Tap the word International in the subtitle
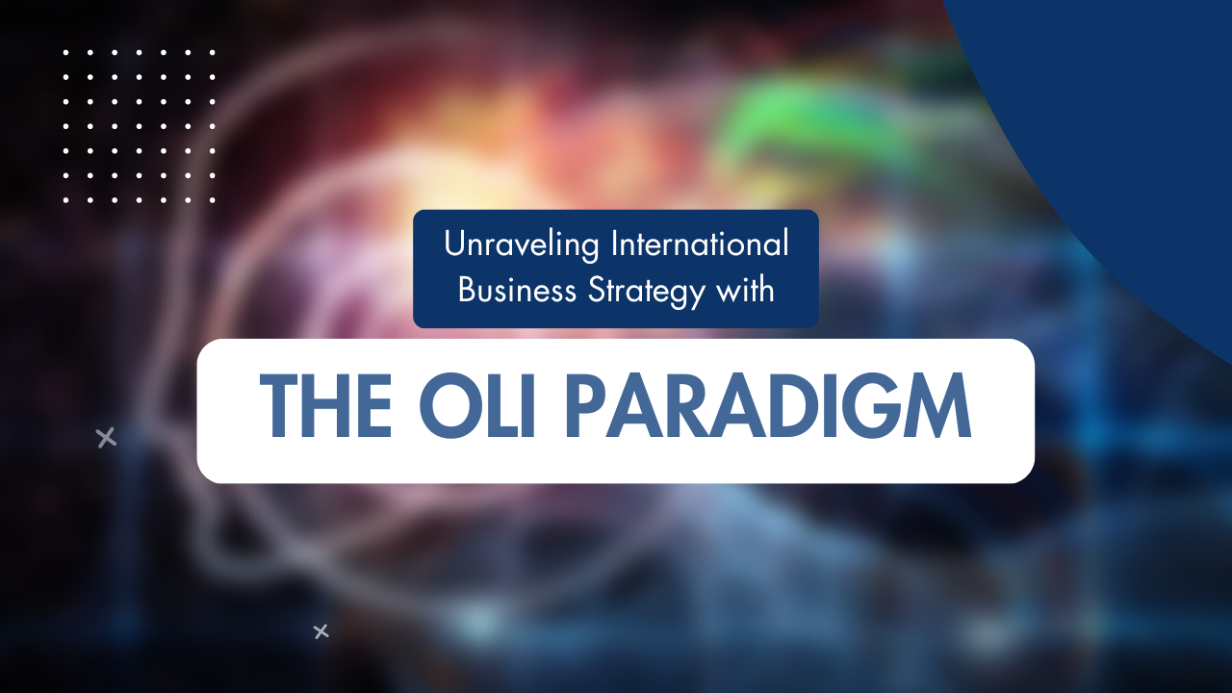700,244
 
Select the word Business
516,290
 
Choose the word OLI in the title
476,408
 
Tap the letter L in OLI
495,408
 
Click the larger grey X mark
106,438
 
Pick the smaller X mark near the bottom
321,631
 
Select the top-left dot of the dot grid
66,53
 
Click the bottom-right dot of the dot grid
212,200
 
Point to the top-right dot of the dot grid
212,53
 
